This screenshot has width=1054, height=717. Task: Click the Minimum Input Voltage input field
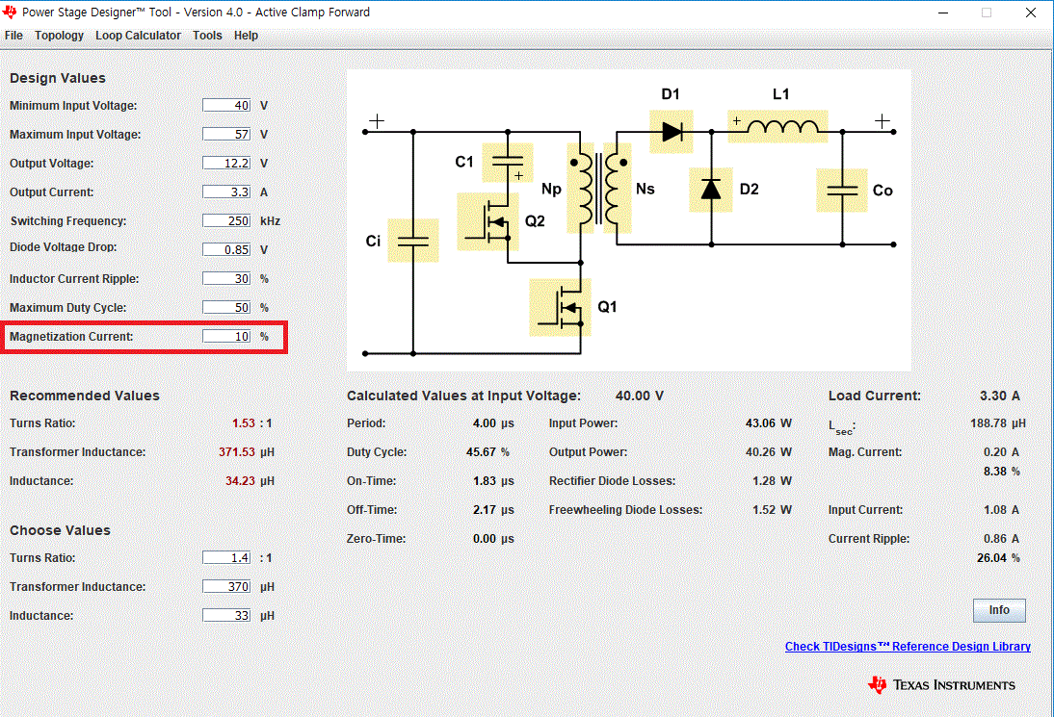point(226,106)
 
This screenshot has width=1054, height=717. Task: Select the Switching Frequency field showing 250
point(226,221)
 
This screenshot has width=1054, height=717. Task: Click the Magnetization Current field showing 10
point(226,337)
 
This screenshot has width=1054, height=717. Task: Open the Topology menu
point(59,36)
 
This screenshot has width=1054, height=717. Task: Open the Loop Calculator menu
point(138,36)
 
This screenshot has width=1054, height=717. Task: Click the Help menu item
point(246,36)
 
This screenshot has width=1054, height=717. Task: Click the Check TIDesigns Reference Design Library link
point(908,647)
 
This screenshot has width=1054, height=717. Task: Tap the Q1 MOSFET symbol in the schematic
point(561,308)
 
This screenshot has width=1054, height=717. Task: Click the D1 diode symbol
point(672,130)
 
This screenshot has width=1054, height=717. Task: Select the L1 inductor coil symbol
point(778,126)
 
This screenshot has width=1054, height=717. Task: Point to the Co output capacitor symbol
point(842,191)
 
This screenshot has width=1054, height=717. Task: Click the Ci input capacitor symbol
point(412,241)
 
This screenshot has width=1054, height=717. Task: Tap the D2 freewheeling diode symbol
point(711,189)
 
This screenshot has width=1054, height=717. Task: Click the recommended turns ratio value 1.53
point(244,423)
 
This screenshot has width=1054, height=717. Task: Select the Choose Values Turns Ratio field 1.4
point(226,558)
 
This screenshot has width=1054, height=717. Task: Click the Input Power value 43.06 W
point(768,423)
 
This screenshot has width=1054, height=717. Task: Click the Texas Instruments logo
point(941,685)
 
